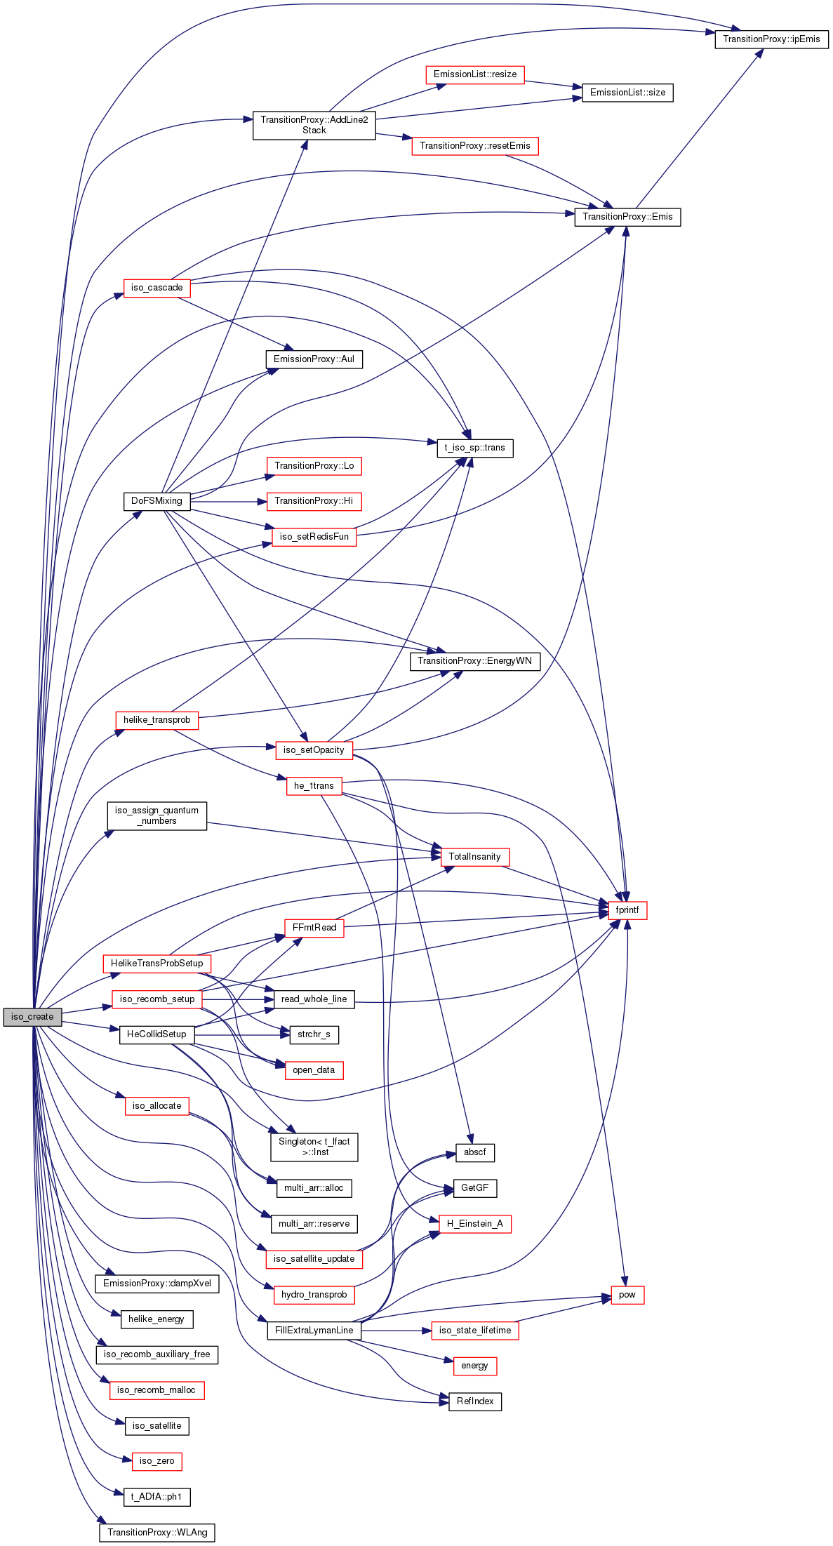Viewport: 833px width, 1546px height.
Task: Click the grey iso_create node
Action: [32, 1017]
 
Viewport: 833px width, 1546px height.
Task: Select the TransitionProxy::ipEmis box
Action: [771, 39]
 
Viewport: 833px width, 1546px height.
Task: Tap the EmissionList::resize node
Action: [475, 74]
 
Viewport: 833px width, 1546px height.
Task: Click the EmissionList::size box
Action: [627, 93]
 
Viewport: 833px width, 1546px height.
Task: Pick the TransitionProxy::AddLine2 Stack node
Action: [314, 125]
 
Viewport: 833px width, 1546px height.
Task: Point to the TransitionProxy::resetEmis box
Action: [475, 146]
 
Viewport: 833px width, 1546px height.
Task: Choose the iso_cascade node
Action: [156, 288]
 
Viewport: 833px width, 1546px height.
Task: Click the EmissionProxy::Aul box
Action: [314, 359]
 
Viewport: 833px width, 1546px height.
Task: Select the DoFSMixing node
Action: [156, 501]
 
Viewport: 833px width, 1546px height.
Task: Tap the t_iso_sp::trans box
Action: [475, 448]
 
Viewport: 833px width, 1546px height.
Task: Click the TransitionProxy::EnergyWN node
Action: [475, 661]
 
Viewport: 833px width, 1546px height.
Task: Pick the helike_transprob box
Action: [156, 720]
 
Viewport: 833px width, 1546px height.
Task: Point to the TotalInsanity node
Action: [475, 857]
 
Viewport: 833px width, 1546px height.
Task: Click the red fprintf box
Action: [627, 910]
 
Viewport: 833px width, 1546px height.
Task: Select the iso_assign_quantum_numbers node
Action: [156, 816]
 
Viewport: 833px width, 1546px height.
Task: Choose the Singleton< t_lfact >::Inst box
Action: [314, 1147]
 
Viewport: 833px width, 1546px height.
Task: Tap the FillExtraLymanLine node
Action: [314, 1331]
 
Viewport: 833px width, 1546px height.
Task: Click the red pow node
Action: [627, 1295]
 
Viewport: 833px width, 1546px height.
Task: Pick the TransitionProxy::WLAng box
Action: [157, 1533]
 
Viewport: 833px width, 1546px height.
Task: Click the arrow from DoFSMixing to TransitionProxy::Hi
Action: [229, 502]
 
